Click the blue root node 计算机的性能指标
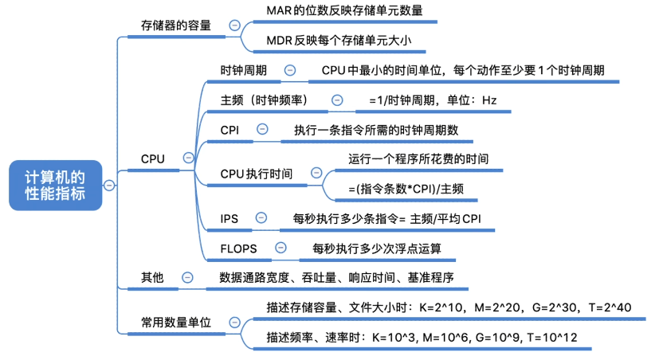pos(55,185)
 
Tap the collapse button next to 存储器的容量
pos(233,25)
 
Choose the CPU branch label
pos(153,158)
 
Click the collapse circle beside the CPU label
pos(188,158)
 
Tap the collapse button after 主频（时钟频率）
pos(337,100)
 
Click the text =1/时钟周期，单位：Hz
pos(432,100)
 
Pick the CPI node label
pos(230,130)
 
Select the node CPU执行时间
pos(257,173)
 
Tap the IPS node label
pos(229,218)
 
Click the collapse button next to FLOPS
pos(280,248)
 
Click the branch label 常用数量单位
pos(176,323)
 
